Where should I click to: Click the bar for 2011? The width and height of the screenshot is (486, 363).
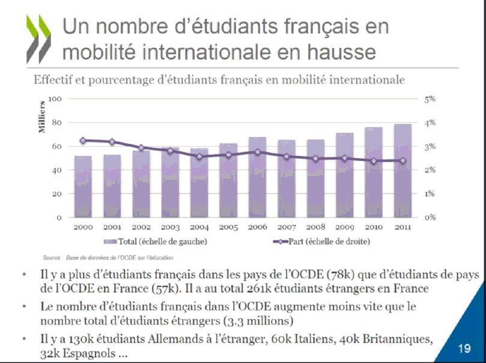(x=403, y=171)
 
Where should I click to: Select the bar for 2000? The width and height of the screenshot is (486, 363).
(x=83, y=186)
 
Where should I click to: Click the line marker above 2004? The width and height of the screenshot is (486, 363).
(x=199, y=156)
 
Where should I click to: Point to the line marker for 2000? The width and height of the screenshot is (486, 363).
(x=83, y=140)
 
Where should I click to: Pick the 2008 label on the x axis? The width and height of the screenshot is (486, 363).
(x=315, y=228)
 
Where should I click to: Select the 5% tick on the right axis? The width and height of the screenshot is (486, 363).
(x=430, y=99)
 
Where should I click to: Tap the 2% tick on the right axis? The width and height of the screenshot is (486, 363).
(x=430, y=170)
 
